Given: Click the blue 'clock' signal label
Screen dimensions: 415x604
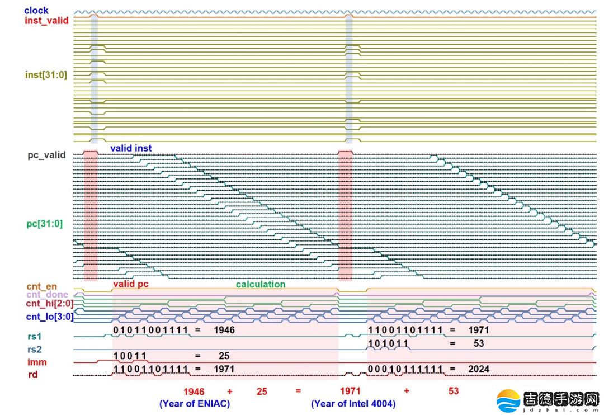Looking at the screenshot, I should [x=36, y=10].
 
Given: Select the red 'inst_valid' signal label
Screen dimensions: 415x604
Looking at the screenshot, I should [x=46, y=21].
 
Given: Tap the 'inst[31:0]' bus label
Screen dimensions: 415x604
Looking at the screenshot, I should [x=46, y=74].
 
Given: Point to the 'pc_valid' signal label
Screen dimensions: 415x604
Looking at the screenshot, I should [x=46, y=155].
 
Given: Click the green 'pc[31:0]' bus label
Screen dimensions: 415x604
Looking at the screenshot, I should [x=45, y=224].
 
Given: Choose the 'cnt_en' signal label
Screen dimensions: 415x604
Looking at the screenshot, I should [x=41, y=287].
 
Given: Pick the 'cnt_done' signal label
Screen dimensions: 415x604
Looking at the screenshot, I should [x=47, y=295].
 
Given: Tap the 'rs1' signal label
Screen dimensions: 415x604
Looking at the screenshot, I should [x=34, y=337].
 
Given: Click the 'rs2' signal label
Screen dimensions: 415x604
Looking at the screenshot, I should [x=34, y=350].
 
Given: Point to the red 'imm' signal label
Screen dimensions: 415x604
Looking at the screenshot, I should [x=37, y=362].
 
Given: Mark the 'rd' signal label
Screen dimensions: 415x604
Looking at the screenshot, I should [x=33, y=375].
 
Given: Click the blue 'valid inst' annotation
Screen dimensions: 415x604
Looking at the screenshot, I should [x=130, y=148].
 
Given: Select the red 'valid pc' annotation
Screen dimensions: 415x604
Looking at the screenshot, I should [x=131, y=284].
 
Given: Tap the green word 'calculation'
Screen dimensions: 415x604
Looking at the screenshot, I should [x=260, y=284].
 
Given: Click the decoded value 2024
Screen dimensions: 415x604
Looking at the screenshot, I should [x=479, y=369].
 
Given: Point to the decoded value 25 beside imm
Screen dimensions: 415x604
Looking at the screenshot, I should [x=224, y=356].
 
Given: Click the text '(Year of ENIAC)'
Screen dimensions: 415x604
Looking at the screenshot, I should [x=195, y=403].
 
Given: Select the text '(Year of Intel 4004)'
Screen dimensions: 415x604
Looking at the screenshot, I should [x=353, y=403].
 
